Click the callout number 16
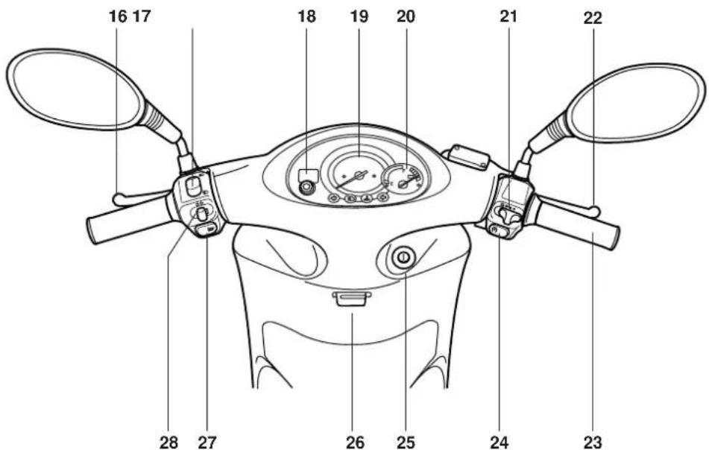118,16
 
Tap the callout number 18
306,16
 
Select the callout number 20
406,16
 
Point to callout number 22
593,19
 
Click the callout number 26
355,443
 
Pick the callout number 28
168,443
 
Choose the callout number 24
500,443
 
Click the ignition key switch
402,259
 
